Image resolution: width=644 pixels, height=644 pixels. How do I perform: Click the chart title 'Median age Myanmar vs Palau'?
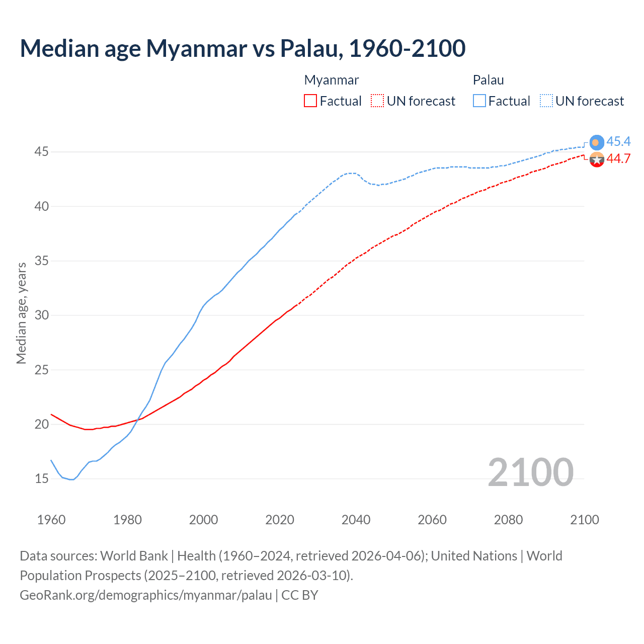click(x=243, y=48)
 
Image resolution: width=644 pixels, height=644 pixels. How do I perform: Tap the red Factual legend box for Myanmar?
click(x=310, y=101)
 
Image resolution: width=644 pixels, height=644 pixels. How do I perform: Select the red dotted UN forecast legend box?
click(x=377, y=101)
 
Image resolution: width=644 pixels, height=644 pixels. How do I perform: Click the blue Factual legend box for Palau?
click(x=479, y=101)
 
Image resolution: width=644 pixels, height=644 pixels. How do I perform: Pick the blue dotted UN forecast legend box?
click(x=546, y=101)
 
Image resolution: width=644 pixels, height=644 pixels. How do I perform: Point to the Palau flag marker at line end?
click(x=596, y=142)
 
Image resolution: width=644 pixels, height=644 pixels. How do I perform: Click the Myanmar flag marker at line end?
click(x=596, y=159)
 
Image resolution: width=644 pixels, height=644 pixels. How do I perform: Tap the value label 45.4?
click(x=618, y=141)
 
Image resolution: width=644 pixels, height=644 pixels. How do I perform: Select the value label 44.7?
click(x=618, y=158)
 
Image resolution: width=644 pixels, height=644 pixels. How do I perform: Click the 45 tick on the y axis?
click(x=41, y=151)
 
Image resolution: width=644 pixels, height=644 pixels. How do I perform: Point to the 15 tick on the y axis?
click(x=41, y=478)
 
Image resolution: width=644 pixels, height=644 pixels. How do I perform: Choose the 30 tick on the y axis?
click(x=41, y=315)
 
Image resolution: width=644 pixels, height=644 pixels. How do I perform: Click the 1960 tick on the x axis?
click(x=51, y=520)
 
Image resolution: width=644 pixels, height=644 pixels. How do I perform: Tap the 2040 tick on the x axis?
click(x=356, y=520)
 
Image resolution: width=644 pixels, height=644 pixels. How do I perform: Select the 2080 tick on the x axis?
click(x=508, y=520)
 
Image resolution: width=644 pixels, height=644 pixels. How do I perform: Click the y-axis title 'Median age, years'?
click(x=21, y=313)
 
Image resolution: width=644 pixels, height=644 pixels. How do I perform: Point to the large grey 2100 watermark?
click(x=530, y=472)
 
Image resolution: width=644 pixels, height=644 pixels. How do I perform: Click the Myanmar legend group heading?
click(x=332, y=80)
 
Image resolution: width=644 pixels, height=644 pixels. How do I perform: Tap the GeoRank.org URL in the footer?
click(x=145, y=595)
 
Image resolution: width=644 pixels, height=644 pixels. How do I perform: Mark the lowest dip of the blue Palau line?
click(x=72, y=479)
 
